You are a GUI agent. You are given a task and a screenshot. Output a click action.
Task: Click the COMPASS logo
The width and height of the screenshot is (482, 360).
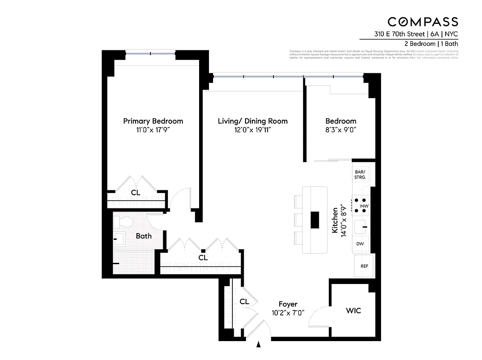(423, 22)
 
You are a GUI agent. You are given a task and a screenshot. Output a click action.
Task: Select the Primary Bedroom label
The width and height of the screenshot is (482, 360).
(153, 121)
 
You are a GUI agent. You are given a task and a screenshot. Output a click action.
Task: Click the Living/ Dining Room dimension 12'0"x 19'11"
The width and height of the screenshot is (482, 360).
(252, 130)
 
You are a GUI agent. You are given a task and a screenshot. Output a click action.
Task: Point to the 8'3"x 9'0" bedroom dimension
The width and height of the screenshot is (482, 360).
(341, 130)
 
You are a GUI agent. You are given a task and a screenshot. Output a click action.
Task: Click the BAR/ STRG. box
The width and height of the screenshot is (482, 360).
(360, 175)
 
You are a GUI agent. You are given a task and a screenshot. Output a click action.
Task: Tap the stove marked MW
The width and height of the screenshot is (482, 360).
(361, 205)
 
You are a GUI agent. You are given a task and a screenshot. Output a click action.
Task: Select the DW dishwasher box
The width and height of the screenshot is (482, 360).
(360, 243)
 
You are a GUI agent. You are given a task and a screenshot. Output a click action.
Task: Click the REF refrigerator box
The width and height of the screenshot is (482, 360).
(364, 266)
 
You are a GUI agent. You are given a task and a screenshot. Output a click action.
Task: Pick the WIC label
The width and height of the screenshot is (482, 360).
(353, 310)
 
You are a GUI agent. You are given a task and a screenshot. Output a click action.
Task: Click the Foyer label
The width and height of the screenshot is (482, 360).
(288, 304)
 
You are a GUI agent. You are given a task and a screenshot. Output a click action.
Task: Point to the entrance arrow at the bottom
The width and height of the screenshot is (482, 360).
(259, 345)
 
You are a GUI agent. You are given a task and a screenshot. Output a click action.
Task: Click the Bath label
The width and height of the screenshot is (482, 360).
(144, 236)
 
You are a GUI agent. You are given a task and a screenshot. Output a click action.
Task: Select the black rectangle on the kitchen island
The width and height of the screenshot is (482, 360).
(315, 220)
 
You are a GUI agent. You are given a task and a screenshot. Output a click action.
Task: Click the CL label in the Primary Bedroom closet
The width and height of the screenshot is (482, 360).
(135, 193)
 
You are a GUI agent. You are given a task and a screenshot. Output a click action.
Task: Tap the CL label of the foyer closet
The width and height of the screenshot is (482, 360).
(244, 301)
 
